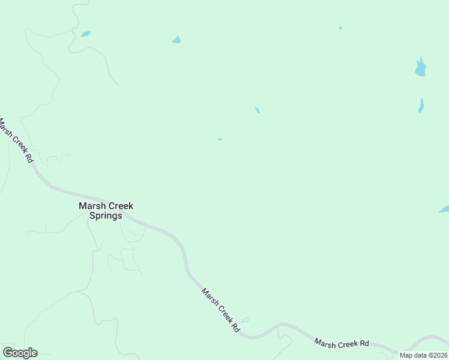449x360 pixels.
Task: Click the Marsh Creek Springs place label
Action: coord(106,211)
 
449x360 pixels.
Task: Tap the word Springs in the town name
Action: coord(106,216)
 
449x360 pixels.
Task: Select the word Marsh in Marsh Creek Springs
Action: coord(91,206)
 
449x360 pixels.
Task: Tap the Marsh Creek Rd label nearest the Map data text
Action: coord(342,343)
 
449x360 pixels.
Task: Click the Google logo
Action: coord(20,353)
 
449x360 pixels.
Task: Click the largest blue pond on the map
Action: coord(420,68)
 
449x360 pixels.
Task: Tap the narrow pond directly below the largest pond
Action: coord(421,106)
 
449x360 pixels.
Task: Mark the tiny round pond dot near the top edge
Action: coord(340,28)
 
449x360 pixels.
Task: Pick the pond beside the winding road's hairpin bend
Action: coord(86,34)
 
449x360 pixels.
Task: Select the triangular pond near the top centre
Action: coord(176,40)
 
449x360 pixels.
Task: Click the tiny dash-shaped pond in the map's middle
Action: coord(220,140)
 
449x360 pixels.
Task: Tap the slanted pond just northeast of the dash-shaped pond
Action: coord(258,110)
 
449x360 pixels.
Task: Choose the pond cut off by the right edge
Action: coord(445,209)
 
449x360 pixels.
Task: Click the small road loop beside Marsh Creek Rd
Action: coord(246,320)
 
